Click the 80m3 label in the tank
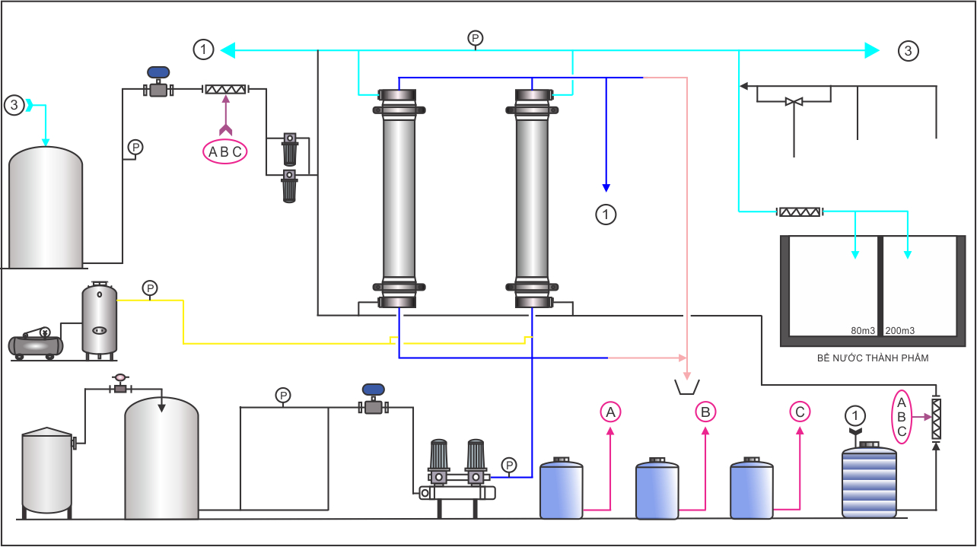[x=863, y=331]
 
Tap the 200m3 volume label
[x=900, y=331]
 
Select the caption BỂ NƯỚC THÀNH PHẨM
[x=873, y=358]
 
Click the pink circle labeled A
[x=610, y=412]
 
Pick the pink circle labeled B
[x=705, y=412]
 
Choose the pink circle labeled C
[x=800, y=412]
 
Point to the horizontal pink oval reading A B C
[x=225, y=151]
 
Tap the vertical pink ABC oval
[x=902, y=417]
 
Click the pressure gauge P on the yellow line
[x=150, y=288]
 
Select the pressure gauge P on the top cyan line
[x=476, y=38]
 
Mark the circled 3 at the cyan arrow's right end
[x=908, y=51]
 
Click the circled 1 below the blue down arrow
[x=606, y=215]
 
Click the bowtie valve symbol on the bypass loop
[x=794, y=102]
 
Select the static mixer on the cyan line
[x=800, y=212]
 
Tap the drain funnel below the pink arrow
[x=687, y=387]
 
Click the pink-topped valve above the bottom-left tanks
[x=120, y=384]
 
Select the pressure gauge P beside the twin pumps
[x=509, y=465]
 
